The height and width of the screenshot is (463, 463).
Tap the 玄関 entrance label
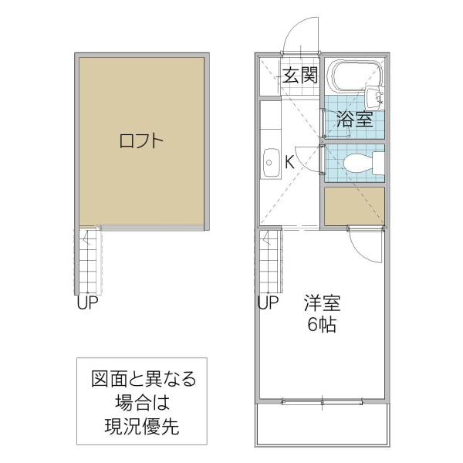click(x=299, y=76)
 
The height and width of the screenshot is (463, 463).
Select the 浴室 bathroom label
click(x=355, y=119)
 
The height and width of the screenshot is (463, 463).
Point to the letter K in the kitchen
click(x=289, y=162)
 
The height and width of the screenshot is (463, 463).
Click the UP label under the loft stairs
click(x=87, y=303)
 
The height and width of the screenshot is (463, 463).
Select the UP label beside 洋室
click(x=268, y=303)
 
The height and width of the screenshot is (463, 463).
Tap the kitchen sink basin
click(x=271, y=161)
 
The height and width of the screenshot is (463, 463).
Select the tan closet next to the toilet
click(x=354, y=206)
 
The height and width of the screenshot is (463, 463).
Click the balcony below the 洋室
click(x=321, y=424)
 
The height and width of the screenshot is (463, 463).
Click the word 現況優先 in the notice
click(x=142, y=425)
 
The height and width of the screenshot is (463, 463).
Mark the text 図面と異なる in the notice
click(x=142, y=379)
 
